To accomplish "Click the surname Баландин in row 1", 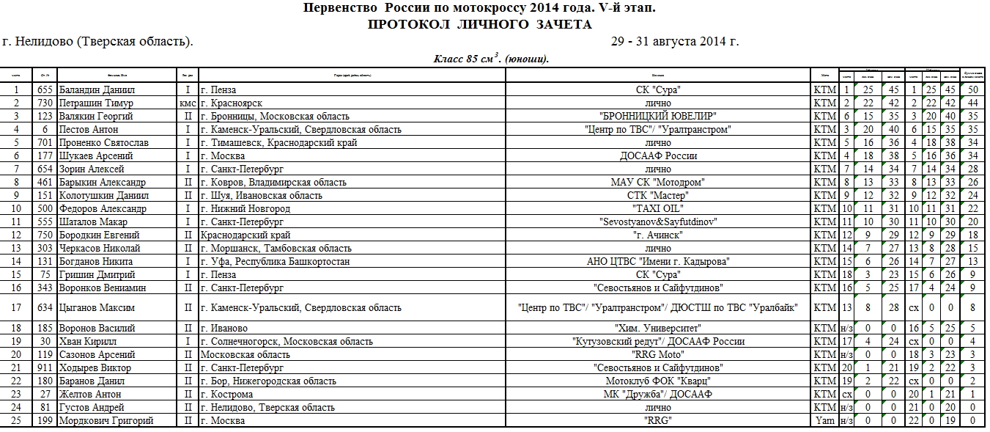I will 78,90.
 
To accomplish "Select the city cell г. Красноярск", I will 232,103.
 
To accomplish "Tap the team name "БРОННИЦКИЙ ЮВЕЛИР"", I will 657,117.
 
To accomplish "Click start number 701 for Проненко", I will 45,143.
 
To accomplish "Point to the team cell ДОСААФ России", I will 657,156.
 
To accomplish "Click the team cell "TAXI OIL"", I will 657,209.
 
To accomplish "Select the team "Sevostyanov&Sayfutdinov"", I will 657,222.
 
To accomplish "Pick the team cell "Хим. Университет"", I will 657,329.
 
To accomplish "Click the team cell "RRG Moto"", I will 657,355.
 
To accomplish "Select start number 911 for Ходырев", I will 45,368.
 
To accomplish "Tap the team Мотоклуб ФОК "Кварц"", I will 657,381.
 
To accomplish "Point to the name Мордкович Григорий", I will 106,421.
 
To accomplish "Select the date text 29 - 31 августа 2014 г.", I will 675,42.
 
